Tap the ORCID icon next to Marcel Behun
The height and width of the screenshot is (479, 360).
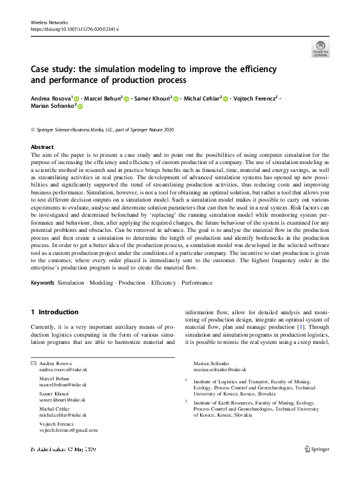click(x=126, y=97)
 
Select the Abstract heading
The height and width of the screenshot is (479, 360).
click(x=42, y=147)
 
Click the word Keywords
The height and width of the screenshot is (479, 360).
click(x=42, y=283)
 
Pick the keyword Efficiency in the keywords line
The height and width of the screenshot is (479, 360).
click(x=164, y=283)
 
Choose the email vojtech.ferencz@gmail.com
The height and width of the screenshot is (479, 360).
click(x=68, y=431)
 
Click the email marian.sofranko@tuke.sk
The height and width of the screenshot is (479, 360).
click(x=220, y=369)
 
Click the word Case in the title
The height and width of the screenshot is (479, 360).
click(x=42, y=68)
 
